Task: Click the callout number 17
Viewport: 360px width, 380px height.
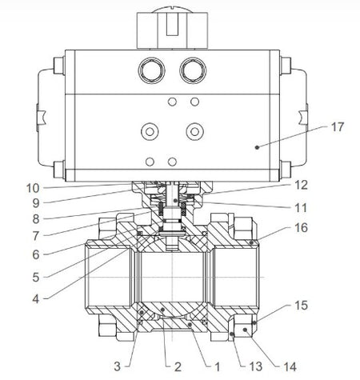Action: click(338, 127)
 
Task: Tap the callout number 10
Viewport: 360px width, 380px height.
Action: click(33, 189)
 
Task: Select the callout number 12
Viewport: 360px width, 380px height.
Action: click(301, 185)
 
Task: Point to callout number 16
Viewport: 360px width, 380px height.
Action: click(301, 228)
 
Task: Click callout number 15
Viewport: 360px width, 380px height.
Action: click(301, 306)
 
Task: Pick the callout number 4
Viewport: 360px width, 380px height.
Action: click(36, 299)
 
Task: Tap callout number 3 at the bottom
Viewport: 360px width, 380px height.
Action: click(118, 366)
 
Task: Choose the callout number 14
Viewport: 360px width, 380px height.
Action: click(290, 367)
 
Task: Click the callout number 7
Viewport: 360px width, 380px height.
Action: click(36, 236)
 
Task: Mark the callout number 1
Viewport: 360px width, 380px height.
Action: click(218, 367)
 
